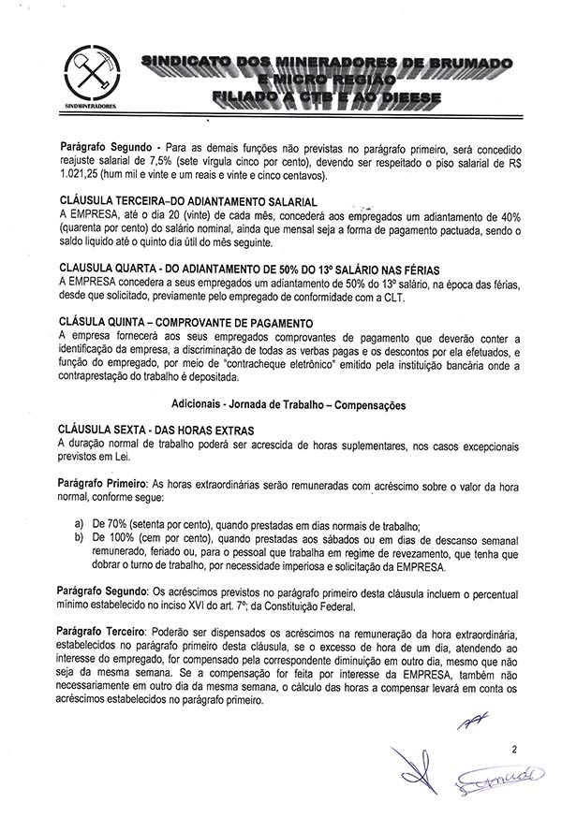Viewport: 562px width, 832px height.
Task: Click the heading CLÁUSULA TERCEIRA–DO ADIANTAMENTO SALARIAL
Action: (187, 202)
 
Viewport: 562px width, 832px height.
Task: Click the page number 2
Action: (513, 748)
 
